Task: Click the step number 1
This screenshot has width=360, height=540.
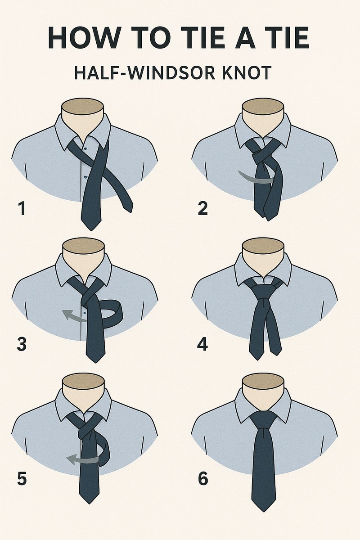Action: pyautogui.click(x=21, y=209)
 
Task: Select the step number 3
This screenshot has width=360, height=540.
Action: pyautogui.click(x=22, y=344)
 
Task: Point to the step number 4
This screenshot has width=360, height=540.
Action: pyautogui.click(x=202, y=344)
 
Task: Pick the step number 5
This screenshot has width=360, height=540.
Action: pyautogui.click(x=22, y=479)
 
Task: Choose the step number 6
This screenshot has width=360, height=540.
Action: pyautogui.click(x=203, y=479)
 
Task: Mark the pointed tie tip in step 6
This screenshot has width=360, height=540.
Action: pyautogui.click(x=263, y=506)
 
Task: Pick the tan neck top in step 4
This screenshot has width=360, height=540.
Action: pyautogui.click(x=263, y=245)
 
